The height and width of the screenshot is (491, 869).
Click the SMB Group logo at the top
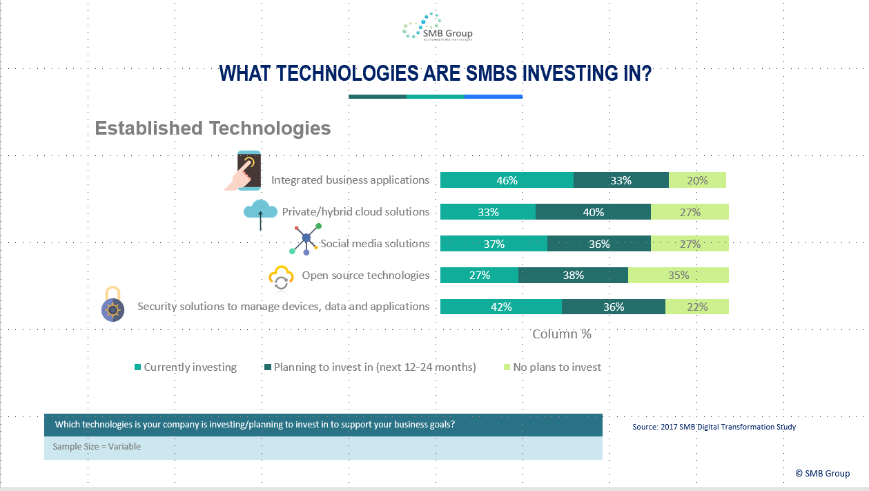[438, 27]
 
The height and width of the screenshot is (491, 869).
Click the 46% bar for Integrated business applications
[507, 180]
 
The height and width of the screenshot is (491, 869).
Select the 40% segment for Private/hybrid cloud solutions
[593, 212]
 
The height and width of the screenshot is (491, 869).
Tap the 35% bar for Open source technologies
[678, 275]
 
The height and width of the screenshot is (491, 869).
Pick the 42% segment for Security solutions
[501, 307]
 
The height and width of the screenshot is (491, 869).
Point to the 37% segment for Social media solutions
[494, 244]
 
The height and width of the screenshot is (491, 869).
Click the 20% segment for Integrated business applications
[697, 180]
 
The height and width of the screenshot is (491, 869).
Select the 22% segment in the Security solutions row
[697, 307]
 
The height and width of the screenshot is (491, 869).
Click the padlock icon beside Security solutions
[113, 305]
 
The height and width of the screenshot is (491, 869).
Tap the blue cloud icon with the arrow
[260, 214]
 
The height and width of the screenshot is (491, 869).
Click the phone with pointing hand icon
[243, 171]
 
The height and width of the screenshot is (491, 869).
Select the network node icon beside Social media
[306, 239]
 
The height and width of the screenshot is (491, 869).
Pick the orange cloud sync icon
[281, 278]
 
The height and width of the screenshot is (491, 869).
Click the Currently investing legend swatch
[138, 367]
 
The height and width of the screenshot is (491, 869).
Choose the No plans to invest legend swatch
[507, 367]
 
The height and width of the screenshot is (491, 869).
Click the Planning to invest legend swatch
[268, 367]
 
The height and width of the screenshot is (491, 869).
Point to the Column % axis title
[561, 334]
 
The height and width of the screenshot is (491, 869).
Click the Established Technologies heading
[213, 128]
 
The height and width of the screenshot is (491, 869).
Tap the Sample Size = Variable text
[97, 447]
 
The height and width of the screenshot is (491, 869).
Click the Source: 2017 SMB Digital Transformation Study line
[714, 427]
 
